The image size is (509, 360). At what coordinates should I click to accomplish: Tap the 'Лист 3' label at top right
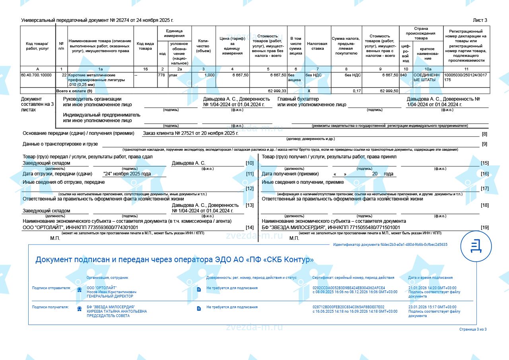click(x=480, y=20)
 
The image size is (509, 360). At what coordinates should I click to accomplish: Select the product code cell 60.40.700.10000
click(x=37, y=75)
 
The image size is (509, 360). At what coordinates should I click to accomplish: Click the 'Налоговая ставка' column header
click(x=317, y=46)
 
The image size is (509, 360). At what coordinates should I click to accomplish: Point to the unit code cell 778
click(x=161, y=75)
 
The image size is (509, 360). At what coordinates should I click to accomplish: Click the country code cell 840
click(x=404, y=75)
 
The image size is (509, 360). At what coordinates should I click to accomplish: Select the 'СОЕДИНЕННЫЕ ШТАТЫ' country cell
click(x=427, y=77)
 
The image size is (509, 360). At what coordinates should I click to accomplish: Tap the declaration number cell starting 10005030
click(x=466, y=77)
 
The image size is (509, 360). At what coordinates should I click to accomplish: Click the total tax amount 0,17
click(x=357, y=91)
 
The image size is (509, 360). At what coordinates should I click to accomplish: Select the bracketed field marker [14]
click(x=250, y=228)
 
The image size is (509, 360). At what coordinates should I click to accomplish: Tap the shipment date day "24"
click(x=108, y=174)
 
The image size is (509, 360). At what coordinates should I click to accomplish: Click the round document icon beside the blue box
click(x=476, y=246)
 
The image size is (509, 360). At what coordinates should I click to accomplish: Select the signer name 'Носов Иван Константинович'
click(x=112, y=292)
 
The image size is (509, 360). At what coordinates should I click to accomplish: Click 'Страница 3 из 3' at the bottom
click(x=473, y=329)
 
